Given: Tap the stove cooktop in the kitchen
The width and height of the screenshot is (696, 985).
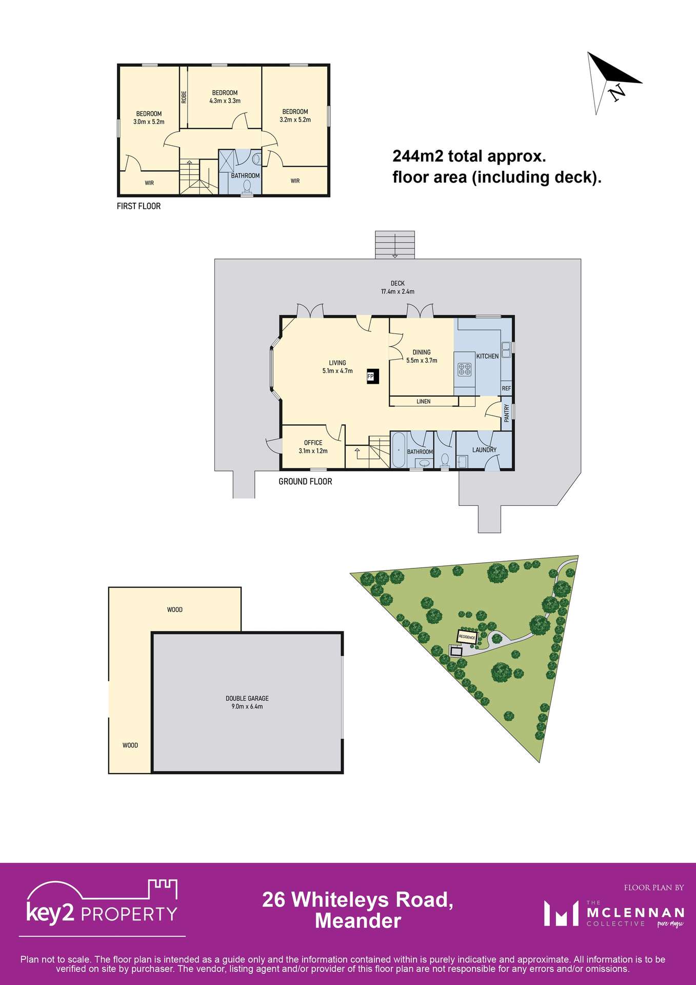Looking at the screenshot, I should point(465,369).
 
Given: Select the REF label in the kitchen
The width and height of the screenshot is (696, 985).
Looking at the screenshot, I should point(506,388).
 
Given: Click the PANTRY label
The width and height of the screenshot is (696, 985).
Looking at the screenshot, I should point(506,413).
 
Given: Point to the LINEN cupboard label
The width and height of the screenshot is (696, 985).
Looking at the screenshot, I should point(424,401).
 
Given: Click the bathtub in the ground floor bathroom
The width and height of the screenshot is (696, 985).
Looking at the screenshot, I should point(399,450).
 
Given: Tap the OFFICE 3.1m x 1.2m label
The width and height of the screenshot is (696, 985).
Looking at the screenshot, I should point(313,446).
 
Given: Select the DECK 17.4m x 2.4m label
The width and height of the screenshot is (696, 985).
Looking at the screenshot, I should point(397,287).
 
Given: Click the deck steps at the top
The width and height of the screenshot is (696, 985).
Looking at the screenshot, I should point(395,245).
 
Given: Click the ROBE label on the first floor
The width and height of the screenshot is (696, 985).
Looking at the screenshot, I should point(184,97).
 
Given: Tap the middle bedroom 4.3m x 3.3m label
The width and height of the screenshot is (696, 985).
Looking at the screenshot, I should point(225,97).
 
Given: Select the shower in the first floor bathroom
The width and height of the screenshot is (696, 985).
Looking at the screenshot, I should point(227,161).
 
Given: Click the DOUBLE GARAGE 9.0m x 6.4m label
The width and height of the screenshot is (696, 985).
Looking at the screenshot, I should point(247,702).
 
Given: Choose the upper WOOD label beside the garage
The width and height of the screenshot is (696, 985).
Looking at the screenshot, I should point(175,609).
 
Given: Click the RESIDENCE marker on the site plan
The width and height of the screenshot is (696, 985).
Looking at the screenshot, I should point(467,637).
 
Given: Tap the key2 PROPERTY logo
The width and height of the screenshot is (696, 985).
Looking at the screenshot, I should point(102,909).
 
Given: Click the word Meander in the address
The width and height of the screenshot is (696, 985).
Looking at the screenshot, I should point(357,921).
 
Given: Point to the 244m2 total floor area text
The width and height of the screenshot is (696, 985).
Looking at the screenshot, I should point(496,166).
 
